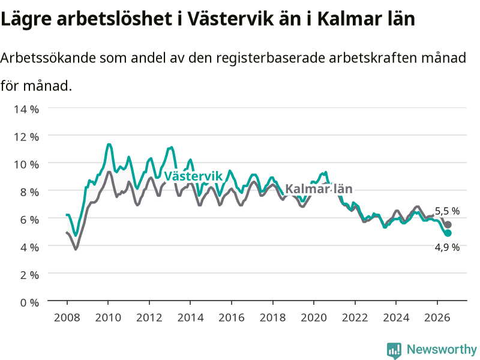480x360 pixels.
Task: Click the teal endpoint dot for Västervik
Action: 448,233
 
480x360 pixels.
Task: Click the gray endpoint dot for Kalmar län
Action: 448,224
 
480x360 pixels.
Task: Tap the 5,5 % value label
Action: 447,211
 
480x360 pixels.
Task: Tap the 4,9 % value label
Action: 447,247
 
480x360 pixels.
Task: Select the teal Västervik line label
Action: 193,176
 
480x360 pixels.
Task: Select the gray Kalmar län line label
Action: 319,189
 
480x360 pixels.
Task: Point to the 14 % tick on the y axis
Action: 26,109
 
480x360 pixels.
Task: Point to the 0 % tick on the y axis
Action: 29,303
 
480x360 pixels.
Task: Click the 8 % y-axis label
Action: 29,192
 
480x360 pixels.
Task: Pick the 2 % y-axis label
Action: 29,275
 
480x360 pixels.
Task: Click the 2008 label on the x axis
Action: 67,317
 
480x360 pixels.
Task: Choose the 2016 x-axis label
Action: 232,317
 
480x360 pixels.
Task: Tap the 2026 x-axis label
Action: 437,317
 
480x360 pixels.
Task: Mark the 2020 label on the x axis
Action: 314,317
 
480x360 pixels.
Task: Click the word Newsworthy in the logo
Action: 442,349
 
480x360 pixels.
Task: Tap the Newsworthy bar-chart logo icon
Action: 394,350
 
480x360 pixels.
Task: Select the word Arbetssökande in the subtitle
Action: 48,58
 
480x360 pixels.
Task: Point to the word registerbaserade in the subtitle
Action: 271,58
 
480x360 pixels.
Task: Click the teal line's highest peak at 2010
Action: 109,145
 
